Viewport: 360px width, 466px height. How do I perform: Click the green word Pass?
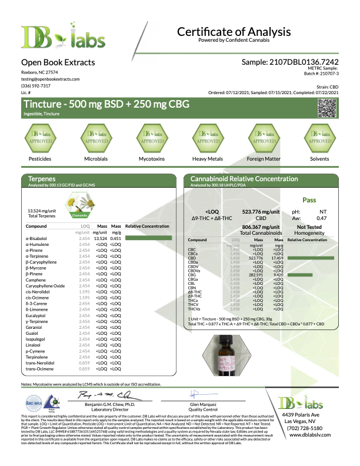tap(309, 200)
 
